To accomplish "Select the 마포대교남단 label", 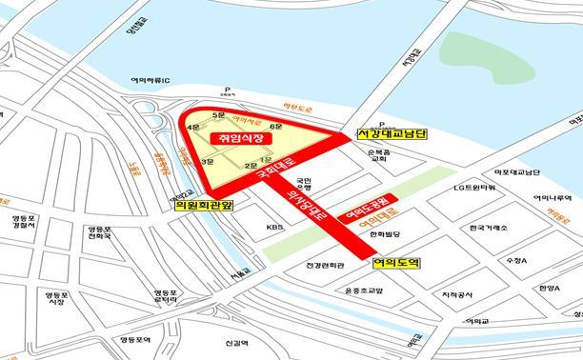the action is (x=515, y=172).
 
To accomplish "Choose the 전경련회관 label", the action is (x=312, y=264).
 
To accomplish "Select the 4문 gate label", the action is (x=193, y=127).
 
